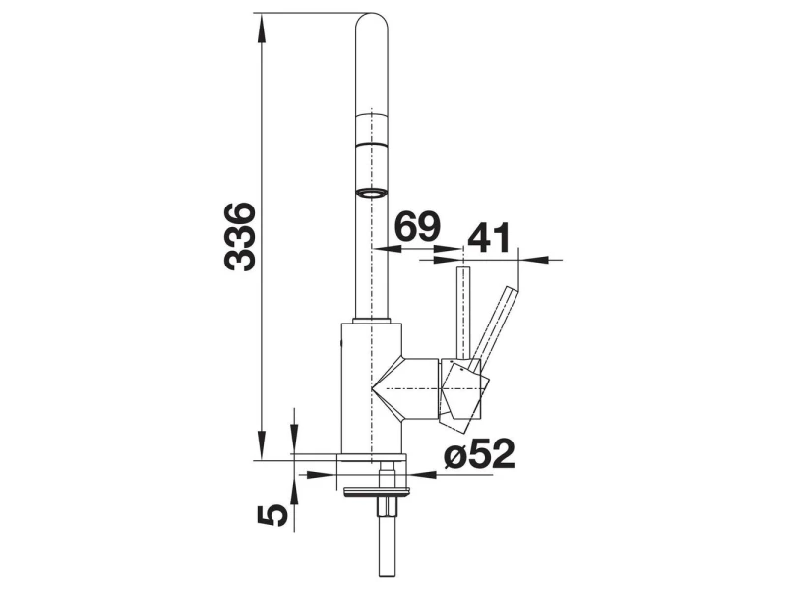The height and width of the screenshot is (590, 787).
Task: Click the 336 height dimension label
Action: (x=240, y=236)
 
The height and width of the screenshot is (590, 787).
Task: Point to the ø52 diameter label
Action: (x=479, y=453)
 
